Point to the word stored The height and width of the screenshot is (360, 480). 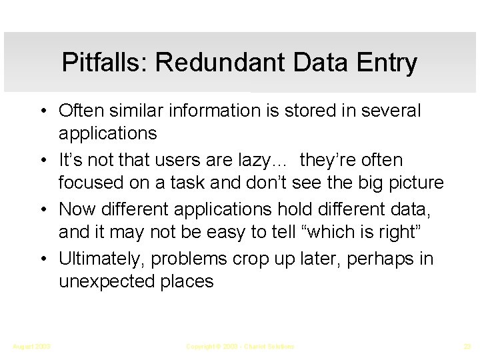(x=298, y=111)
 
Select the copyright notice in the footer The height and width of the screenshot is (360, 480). (x=239, y=347)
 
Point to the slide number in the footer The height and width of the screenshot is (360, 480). (x=466, y=347)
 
